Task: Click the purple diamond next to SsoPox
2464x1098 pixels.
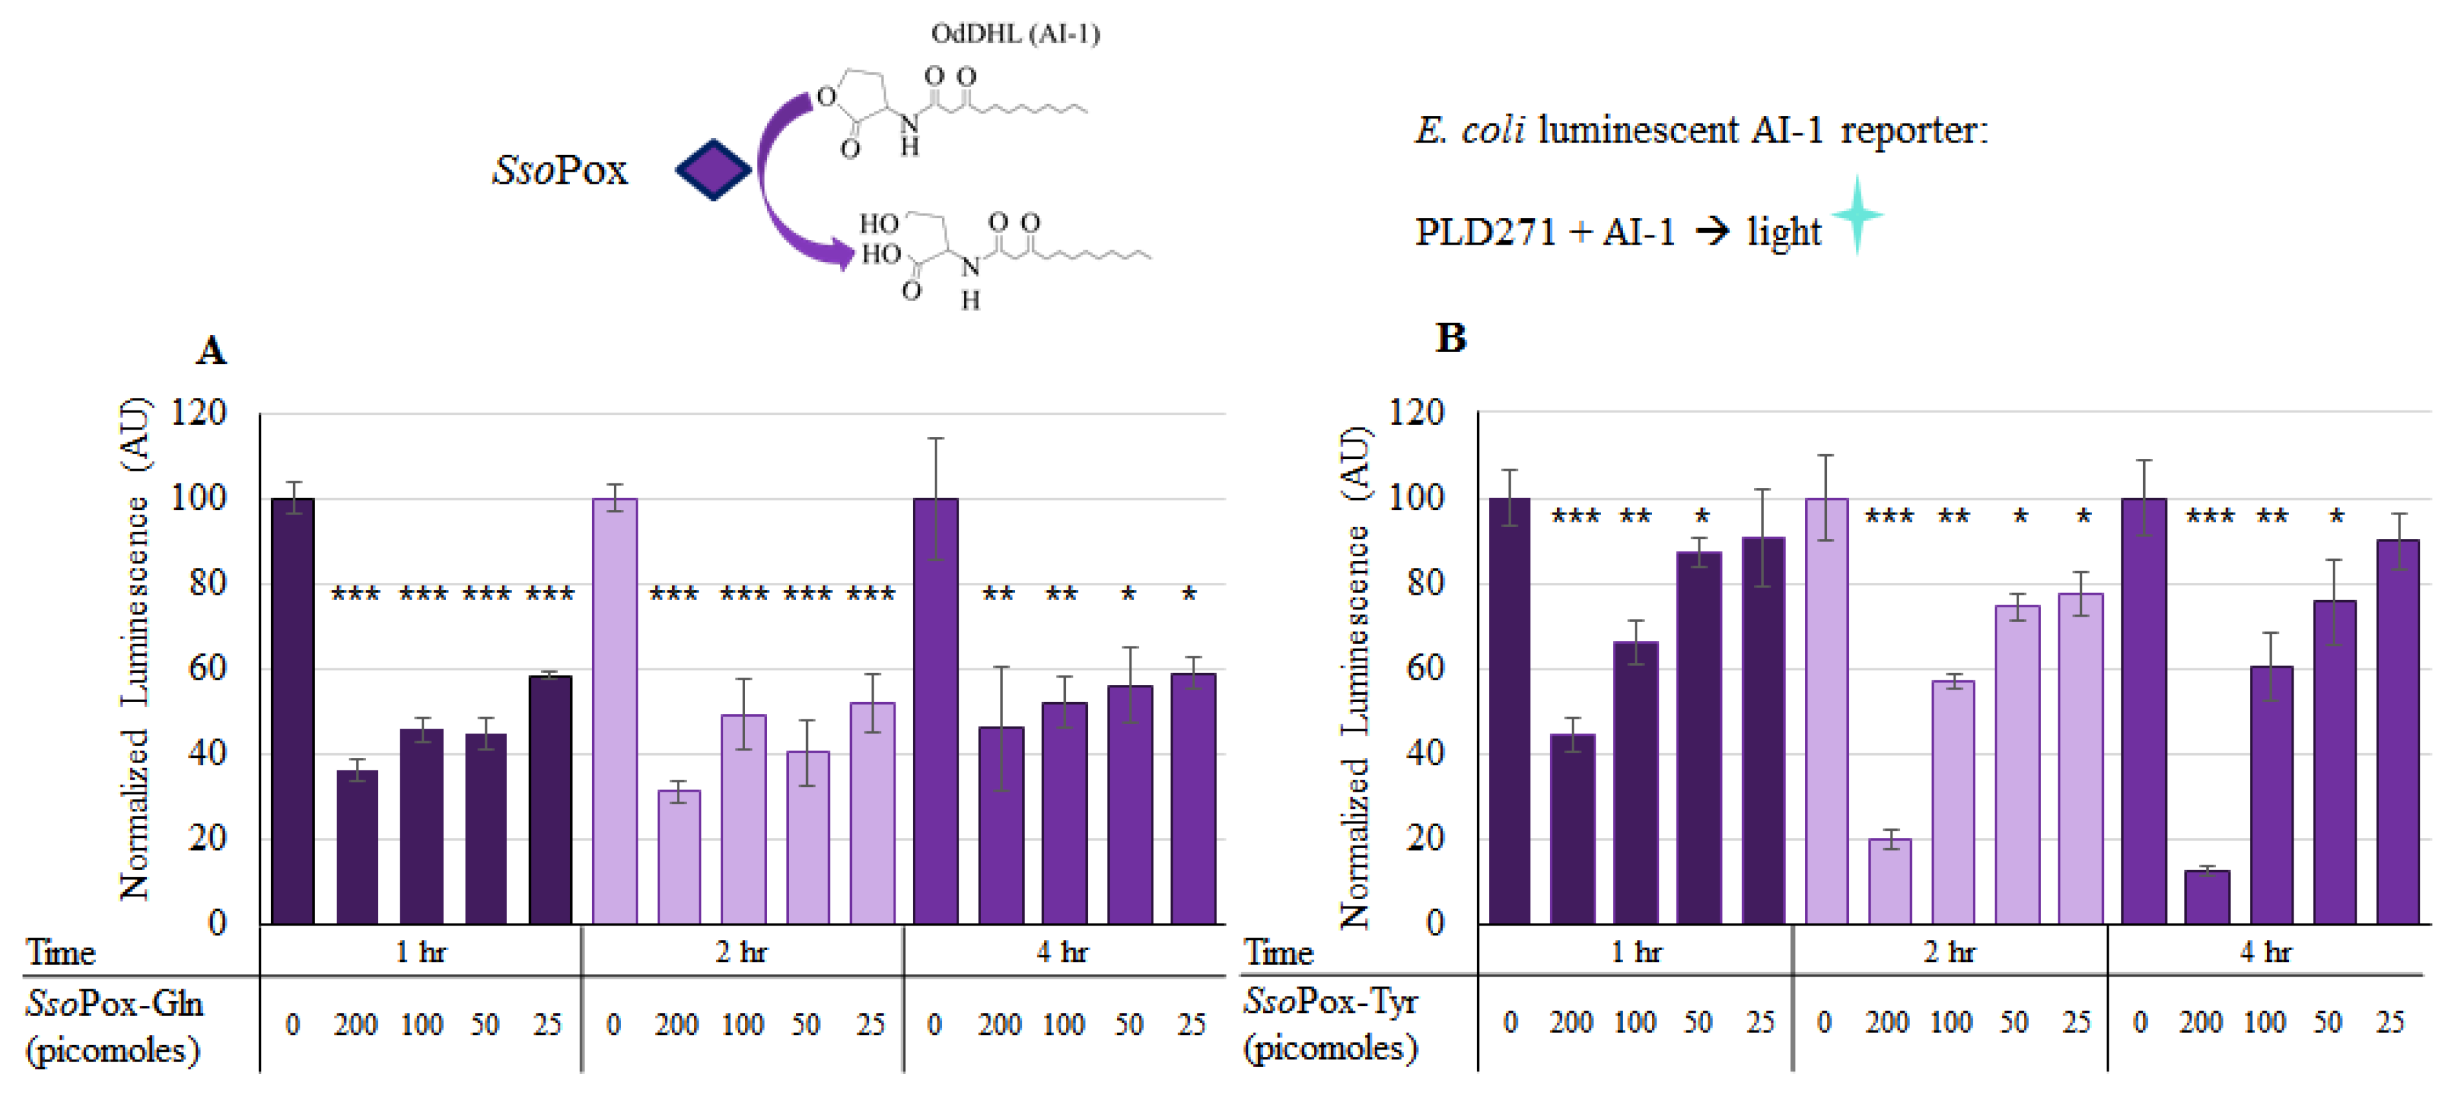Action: tap(713, 169)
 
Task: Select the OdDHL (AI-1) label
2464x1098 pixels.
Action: tap(1015, 34)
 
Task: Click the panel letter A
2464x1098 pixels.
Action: tap(211, 350)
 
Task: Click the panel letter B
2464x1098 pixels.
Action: tap(1450, 337)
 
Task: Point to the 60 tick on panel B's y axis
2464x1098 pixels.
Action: tap(1425, 668)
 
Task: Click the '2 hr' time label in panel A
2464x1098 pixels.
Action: tap(741, 951)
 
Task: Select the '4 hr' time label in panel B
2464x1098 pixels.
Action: tap(2265, 951)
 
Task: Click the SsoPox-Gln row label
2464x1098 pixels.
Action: tap(115, 1025)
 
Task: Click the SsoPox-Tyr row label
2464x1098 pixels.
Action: tap(1330, 1023)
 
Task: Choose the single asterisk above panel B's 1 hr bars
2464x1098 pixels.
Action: tap(1702, 517)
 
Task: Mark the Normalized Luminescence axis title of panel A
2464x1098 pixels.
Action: tap(135, 650)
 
